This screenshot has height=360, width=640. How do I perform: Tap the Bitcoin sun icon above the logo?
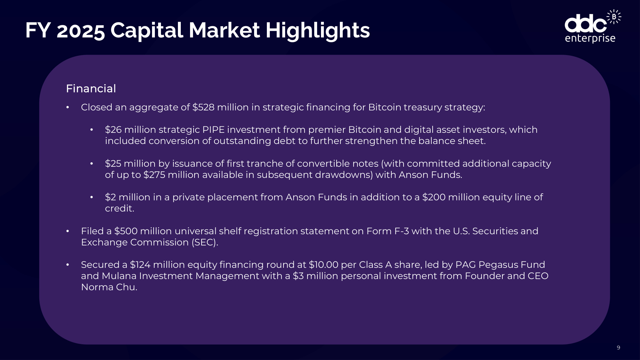coord(614,17)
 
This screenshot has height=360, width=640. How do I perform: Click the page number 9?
coord(618,348)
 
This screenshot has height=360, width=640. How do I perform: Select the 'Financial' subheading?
coord(91,89)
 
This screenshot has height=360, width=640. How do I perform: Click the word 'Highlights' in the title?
coord(317,30)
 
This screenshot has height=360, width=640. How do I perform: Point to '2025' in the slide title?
coord(81,31)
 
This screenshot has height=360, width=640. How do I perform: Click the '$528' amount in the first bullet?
coord(203,107)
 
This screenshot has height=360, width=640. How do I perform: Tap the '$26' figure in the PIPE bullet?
coord(113,130)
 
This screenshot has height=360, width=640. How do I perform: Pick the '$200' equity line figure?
coord(434,197)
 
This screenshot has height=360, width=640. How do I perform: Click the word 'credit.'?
coord(120,208)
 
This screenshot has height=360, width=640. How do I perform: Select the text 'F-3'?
coord(401,231)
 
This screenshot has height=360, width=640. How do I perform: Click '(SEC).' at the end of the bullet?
coord(205,242)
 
